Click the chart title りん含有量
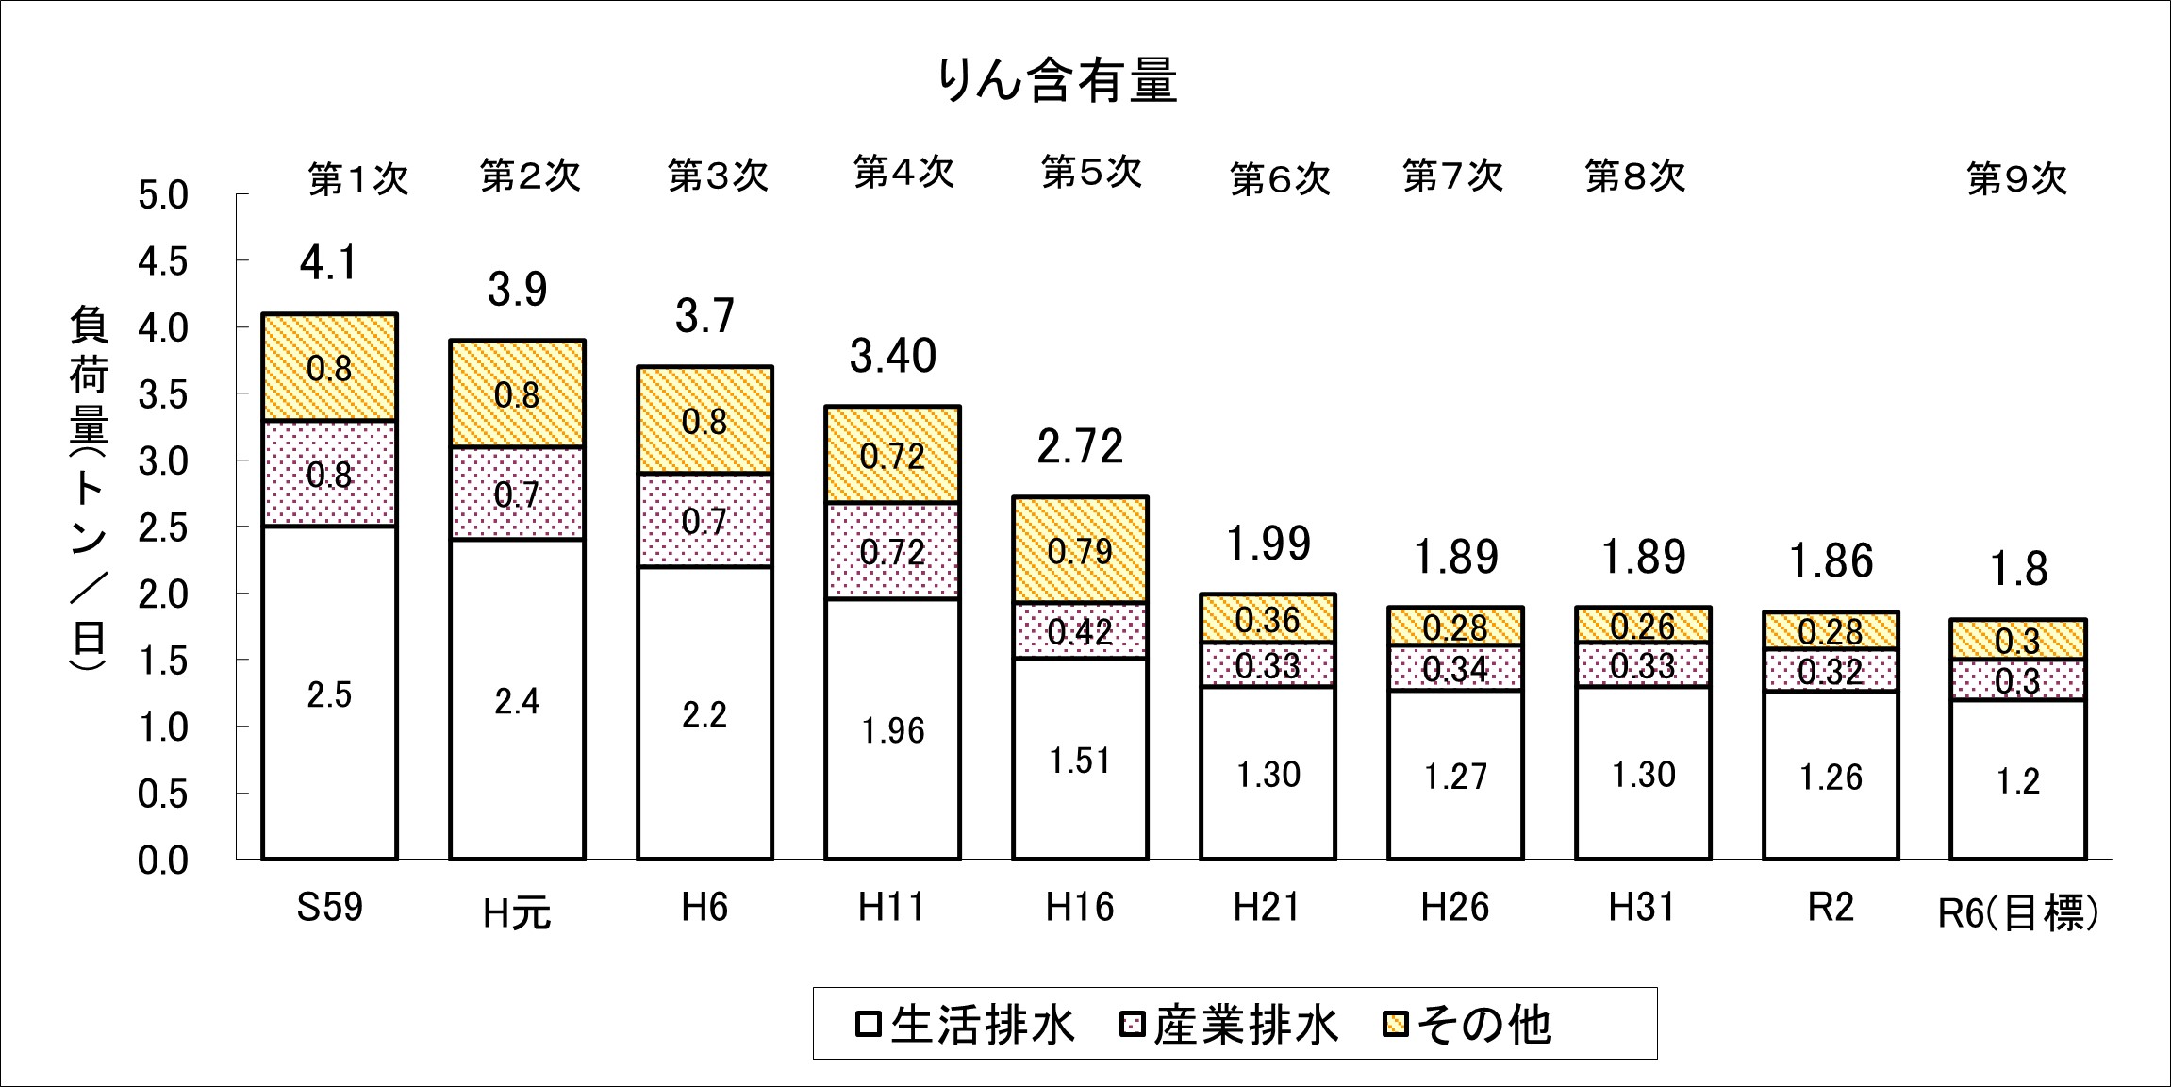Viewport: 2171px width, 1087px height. click(1057, 80)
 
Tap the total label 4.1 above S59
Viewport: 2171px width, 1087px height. click(329, 262)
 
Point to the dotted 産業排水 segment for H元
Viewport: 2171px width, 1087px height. click(517, 493)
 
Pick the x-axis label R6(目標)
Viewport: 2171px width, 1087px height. click(2017, 911)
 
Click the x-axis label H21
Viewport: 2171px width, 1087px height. click(1267, 908)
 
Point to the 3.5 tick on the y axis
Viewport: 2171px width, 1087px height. click(163, 395)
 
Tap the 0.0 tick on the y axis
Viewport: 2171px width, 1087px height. click(163, 861)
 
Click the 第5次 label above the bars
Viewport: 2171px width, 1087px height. click(1091, 173)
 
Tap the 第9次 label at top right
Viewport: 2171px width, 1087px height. click(2016, 178)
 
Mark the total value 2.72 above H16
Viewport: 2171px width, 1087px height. click(1080, 446)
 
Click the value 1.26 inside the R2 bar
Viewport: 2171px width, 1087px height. click(1831, 778)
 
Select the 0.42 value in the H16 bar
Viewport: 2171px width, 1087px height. click(1080, 631)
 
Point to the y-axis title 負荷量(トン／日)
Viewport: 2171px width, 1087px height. click(88, 491)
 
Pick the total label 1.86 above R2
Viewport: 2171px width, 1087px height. click(1831, 561)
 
